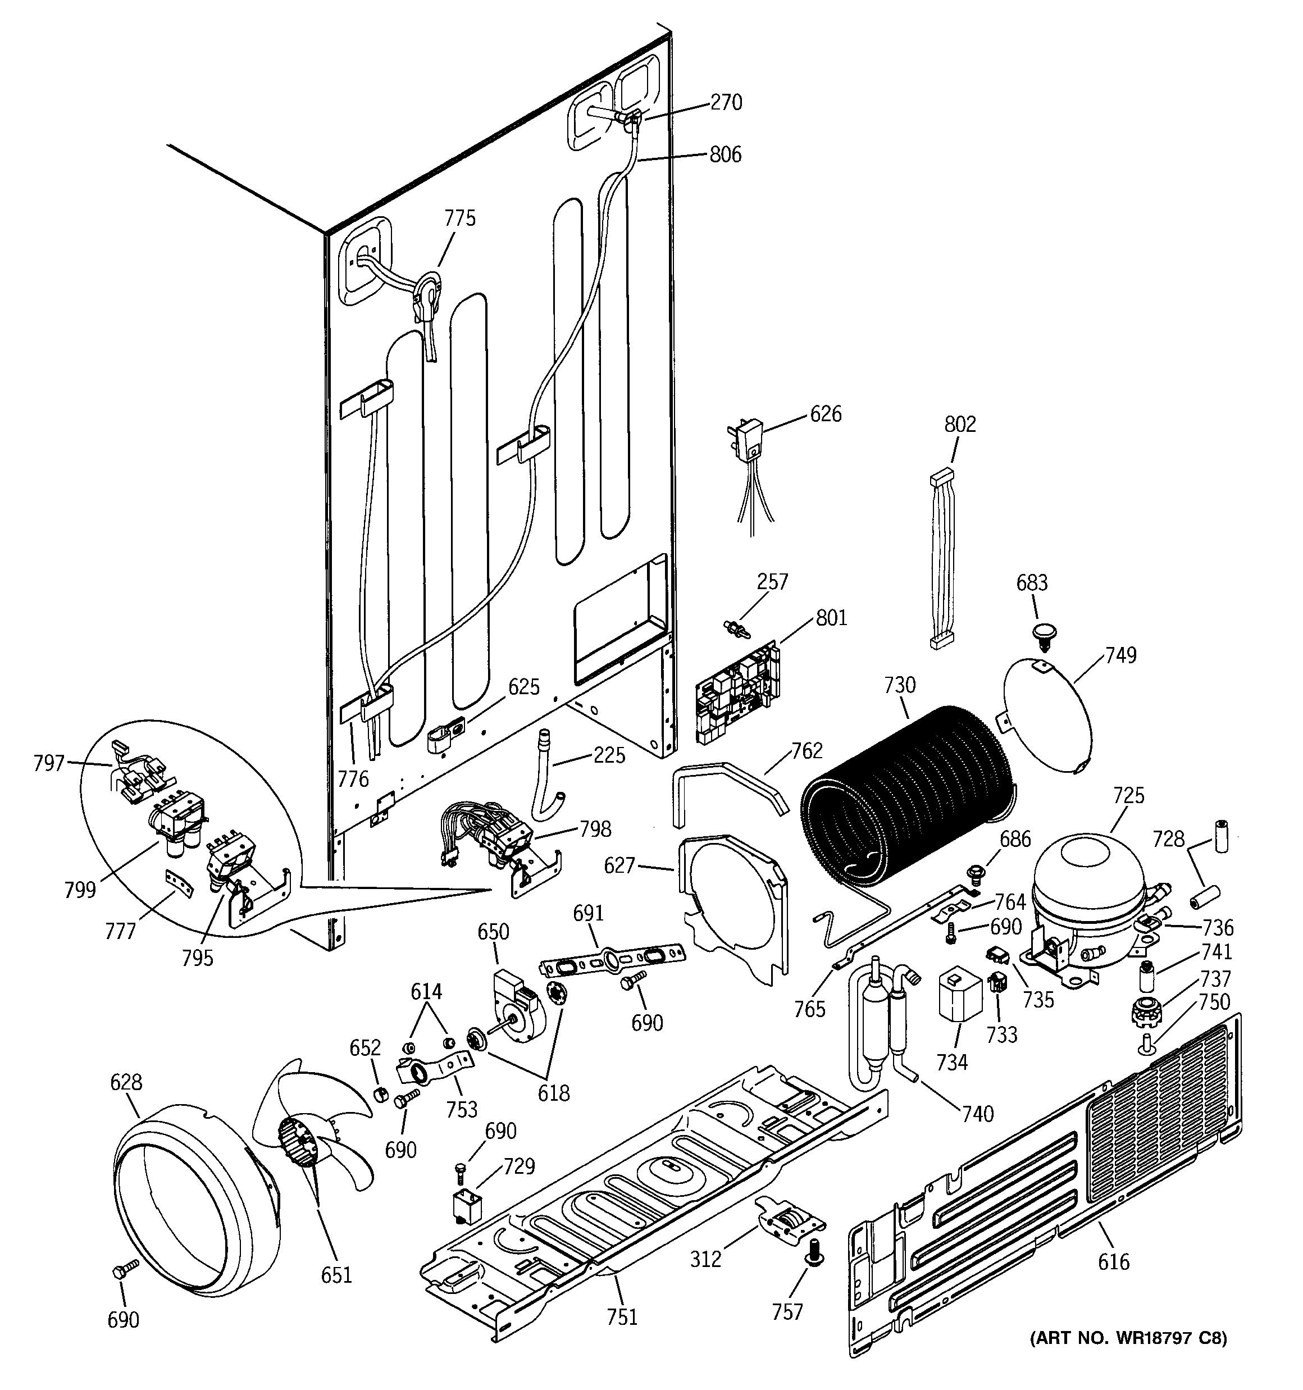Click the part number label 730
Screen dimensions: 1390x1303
(x=899, y=685)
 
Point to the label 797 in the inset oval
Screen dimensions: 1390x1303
(x=49, y=763)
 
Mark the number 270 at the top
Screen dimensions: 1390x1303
(x=726, y=103)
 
